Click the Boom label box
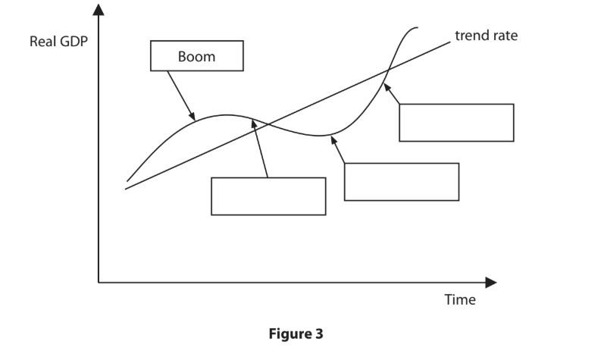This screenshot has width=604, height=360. tap(197, 56)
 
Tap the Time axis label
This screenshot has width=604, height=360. tap(460, 299)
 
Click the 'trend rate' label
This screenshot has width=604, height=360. tap(487, 36)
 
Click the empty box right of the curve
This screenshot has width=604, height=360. tap(456, 122)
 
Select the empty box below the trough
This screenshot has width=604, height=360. tap(401, 181)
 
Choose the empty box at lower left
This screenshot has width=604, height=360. tap(268, 196)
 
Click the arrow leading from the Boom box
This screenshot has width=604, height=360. tap(180, 95)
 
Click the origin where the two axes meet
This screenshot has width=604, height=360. tap(99, 283)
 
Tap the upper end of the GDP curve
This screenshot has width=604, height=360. tap(416, 28)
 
